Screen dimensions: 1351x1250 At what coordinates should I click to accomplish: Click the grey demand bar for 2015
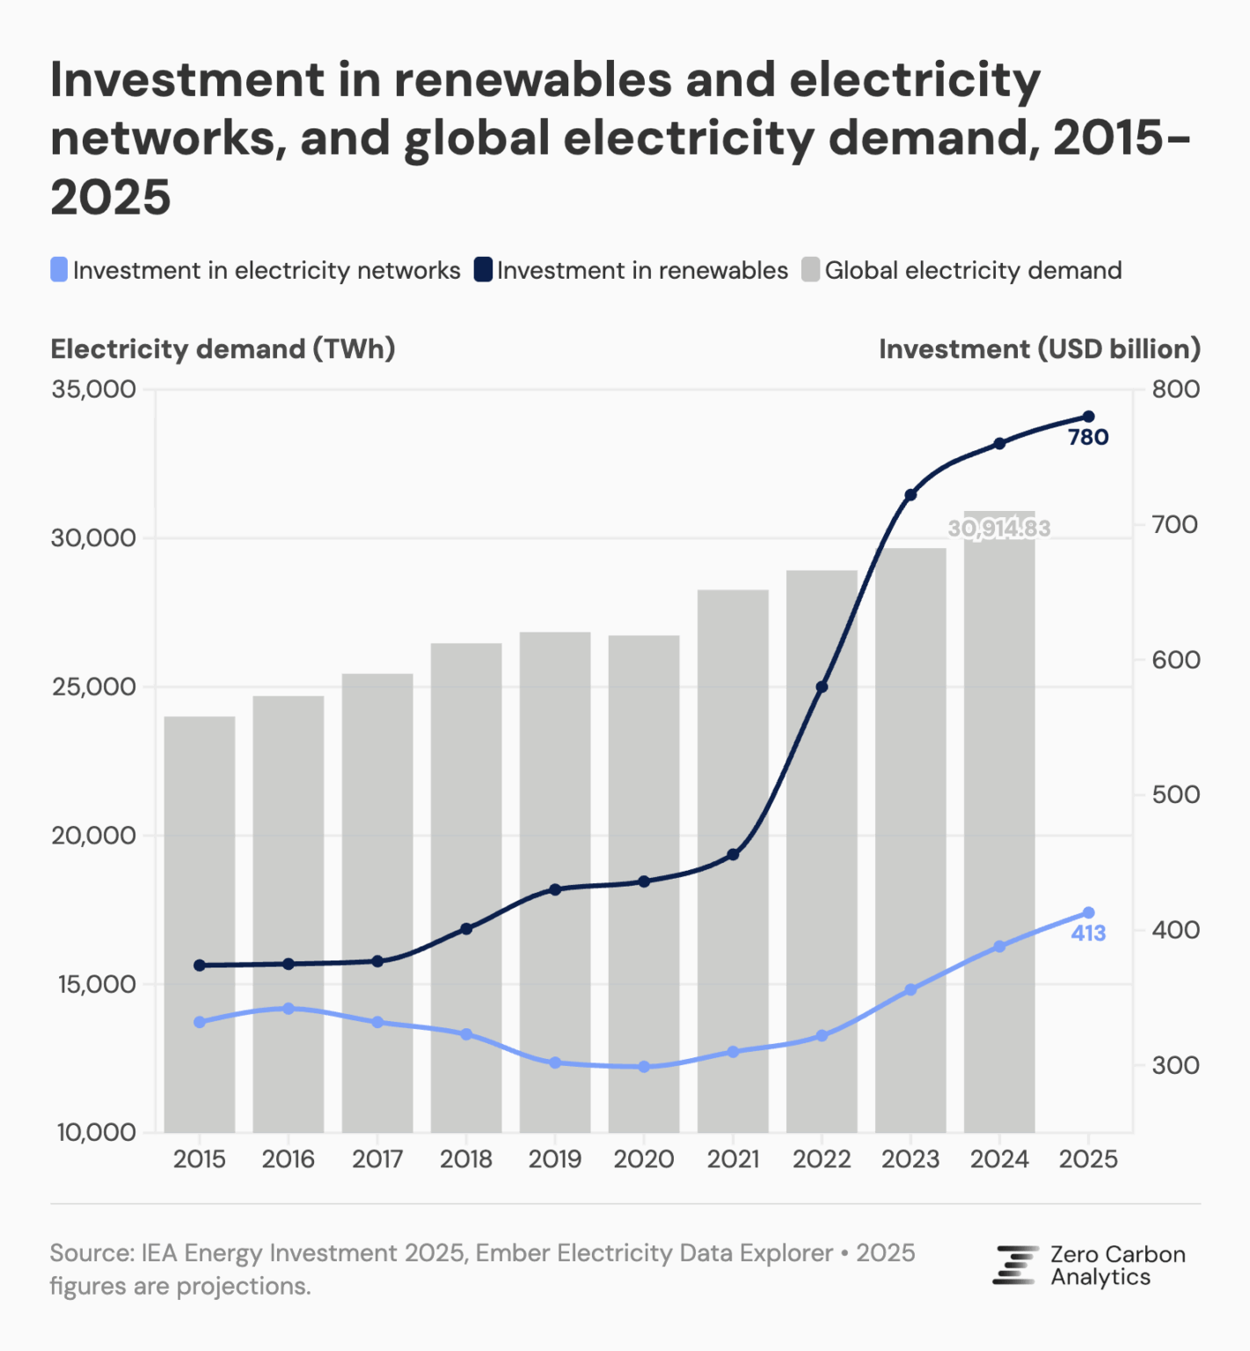point(200,924)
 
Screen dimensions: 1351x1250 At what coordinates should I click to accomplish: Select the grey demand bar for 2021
point(733,862)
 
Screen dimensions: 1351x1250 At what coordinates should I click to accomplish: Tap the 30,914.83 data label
point(999,528)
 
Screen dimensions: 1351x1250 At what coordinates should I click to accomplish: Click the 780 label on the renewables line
point(1088,437)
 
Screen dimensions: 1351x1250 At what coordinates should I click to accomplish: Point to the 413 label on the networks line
point(1088,933)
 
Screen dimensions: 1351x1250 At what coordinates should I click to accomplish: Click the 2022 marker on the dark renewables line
point(822,686)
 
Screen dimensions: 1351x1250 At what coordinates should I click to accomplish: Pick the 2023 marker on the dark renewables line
point(910,495)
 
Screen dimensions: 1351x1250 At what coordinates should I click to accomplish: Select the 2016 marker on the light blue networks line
point(289,1008)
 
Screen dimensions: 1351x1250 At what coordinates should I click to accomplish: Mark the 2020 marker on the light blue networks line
point(644,1066)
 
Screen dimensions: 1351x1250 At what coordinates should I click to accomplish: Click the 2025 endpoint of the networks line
point(1088,912)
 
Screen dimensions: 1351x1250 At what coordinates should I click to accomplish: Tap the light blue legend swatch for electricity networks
point(59,270)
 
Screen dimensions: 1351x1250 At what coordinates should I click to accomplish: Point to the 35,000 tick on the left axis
point(93,389)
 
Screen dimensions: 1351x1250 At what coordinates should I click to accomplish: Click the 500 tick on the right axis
point(1176,794)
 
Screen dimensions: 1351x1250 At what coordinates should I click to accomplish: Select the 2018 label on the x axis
point(466,1159)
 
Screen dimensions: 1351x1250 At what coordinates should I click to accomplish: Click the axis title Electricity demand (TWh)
point(223,349)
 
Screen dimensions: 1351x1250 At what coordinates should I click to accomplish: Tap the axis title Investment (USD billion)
point(1040,349)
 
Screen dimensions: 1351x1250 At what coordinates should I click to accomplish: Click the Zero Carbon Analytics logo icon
point(1015,1265)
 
